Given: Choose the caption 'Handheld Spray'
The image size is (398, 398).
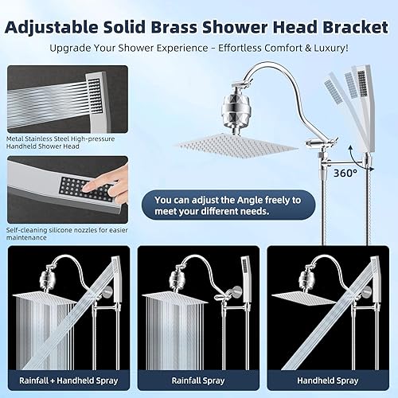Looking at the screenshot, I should tap(329, 380).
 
